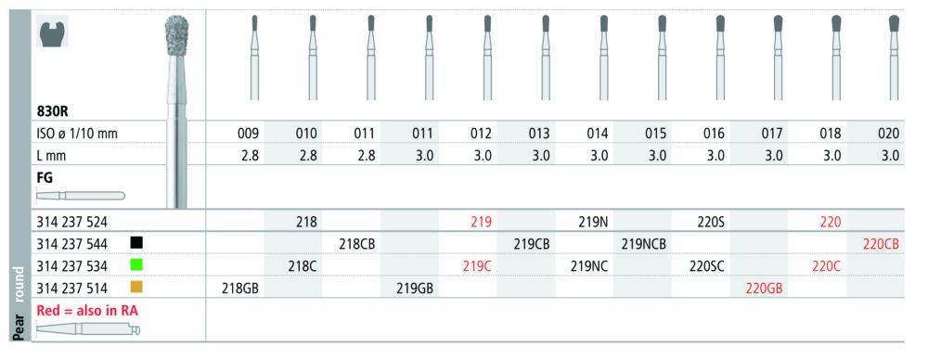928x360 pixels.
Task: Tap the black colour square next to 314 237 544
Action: pyautogui.click(x=136, y=243)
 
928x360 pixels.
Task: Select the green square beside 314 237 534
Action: pyautogui.click(x=136, y=265)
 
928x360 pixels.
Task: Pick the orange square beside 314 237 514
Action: pyautogui.click(x=136, y=289)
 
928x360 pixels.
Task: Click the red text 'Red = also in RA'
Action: pyautogui.click(x=87, y=311)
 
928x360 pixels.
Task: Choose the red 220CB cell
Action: pyautogui.click(x=882, y=243)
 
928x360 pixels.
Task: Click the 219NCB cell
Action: pyautogui.click(x=643, y=243)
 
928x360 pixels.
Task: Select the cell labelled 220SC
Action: pyautogui.click(x=707, y=266)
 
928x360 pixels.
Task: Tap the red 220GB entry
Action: pyautogui.click(x=764, y=289)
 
